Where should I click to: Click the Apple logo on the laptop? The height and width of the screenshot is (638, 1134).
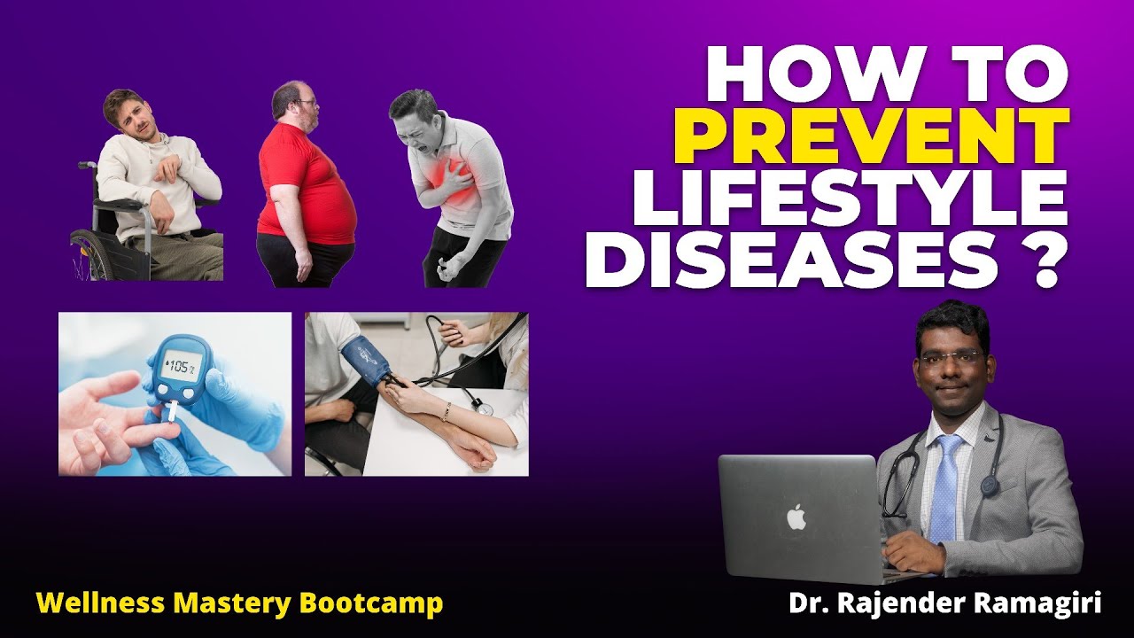[x=796, y=517]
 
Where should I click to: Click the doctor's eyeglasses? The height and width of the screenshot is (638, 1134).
[x=951, y=358]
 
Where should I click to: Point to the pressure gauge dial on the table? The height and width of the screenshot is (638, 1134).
[x=483, y=406]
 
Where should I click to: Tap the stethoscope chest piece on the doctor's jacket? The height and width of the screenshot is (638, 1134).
[x=989, y=486]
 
